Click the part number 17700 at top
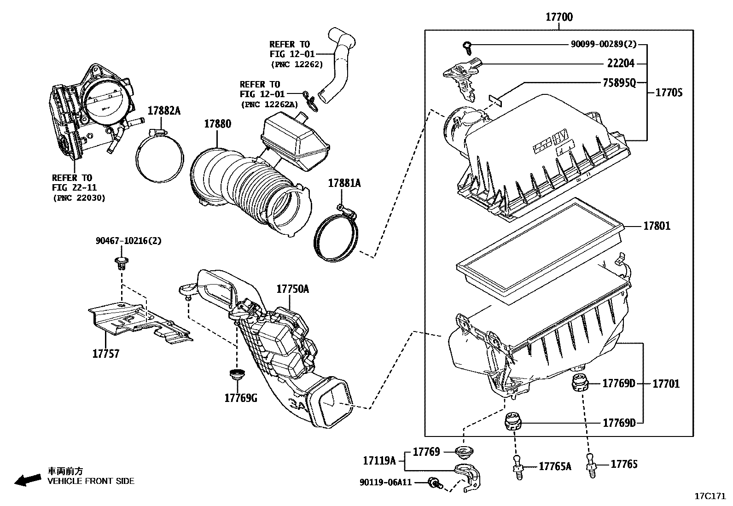pos(559,17)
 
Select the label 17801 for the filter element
pos(657,226)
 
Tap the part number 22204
pos(620,64)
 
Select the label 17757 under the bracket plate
pos(105,354)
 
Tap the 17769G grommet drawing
pos(237,375)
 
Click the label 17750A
pos(292,289)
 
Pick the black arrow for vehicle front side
pos(27,480)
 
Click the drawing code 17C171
pos(710,496)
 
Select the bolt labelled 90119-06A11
pos(434,483)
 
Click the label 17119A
pos(379,460)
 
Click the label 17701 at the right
pos(666,384)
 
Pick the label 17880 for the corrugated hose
pos(217,124)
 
